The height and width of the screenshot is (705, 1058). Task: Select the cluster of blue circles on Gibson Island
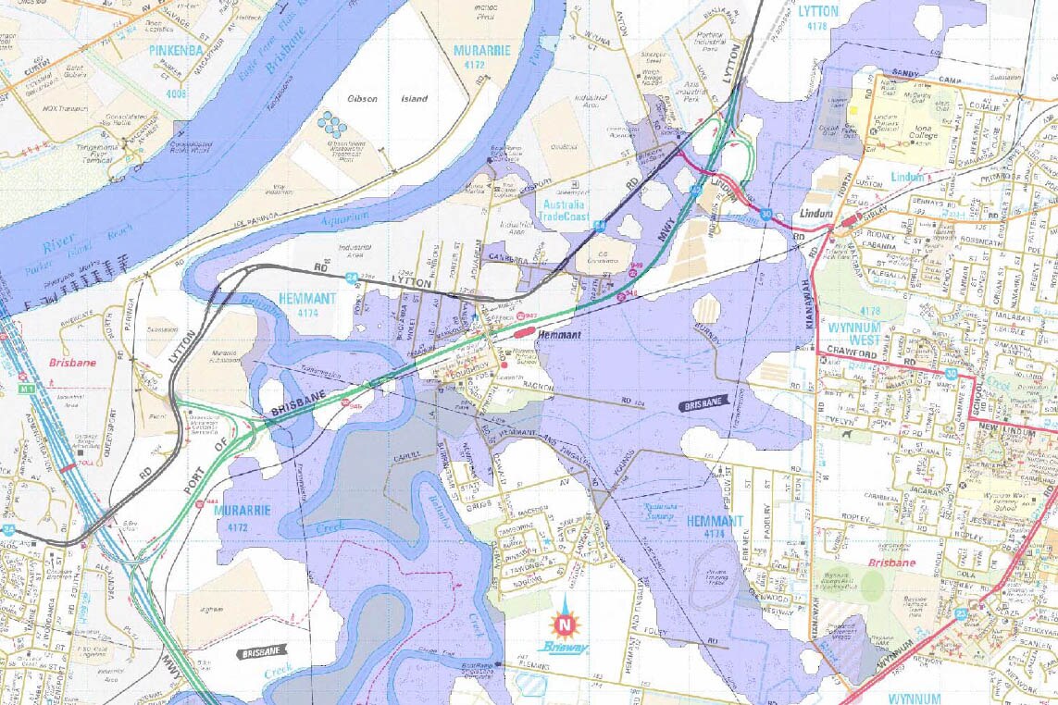(331, 124)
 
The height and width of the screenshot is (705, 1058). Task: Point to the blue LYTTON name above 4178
(817, 12)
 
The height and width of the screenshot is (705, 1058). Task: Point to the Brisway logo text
(564, 648)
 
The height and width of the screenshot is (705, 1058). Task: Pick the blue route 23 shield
(961, 612)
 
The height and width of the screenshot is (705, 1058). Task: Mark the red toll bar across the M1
(68, 468)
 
